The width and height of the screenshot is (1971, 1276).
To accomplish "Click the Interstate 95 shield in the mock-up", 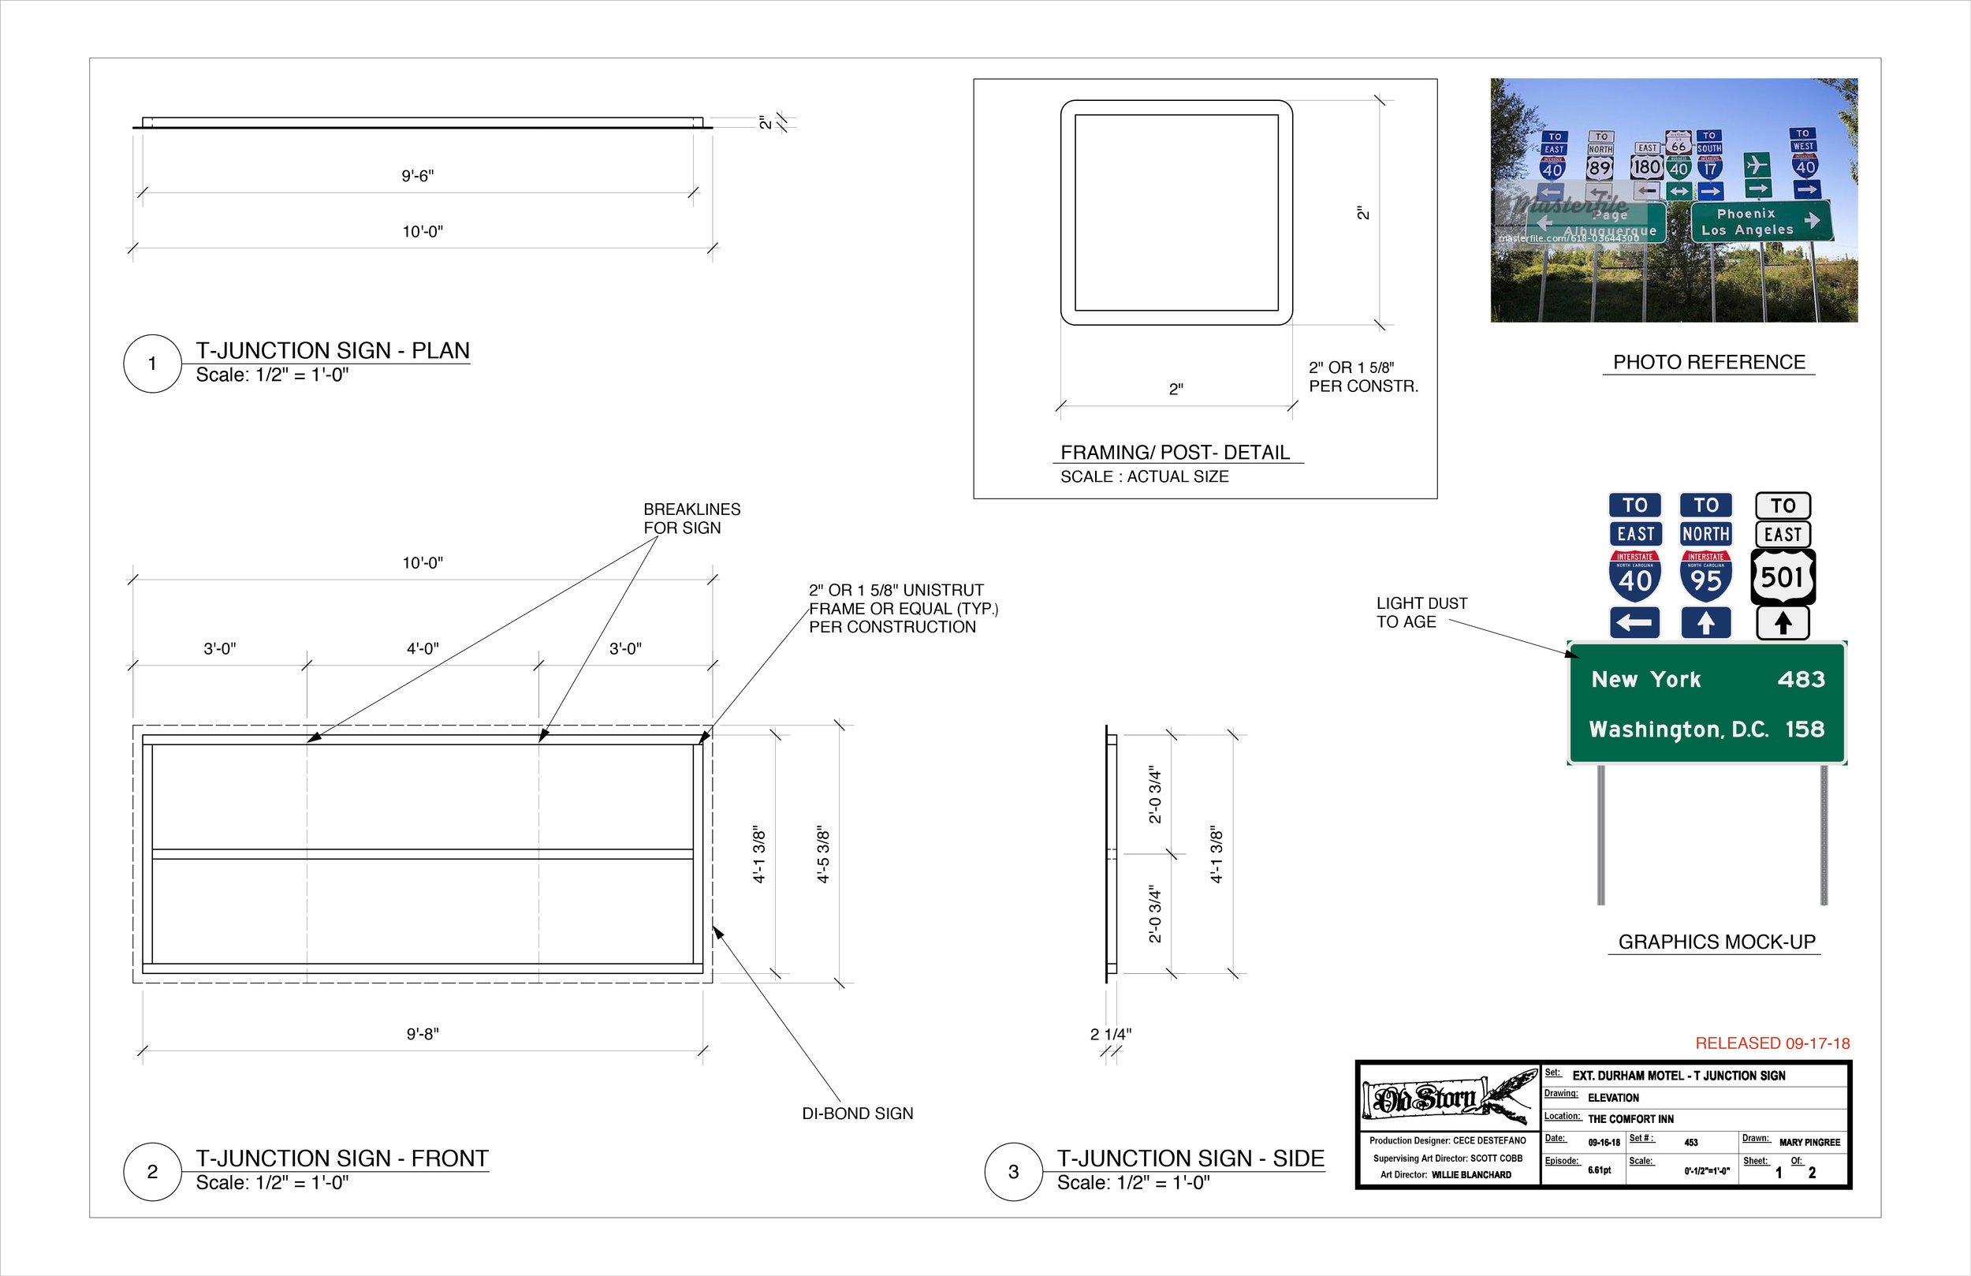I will coord(1705,575).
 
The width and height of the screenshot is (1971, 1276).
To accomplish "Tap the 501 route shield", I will coord(1783,576).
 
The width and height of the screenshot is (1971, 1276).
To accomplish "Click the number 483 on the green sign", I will coord(1801,680).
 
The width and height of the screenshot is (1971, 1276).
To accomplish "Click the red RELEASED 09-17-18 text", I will coord(1772,1043).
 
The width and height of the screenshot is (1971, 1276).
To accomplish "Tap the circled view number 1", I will coord(152,364).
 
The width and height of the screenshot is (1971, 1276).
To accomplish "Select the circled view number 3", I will coord(1013,1172).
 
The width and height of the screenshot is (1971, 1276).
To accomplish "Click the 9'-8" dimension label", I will coord(423,1034).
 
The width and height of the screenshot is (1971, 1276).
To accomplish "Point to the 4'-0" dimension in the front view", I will coord(423,649).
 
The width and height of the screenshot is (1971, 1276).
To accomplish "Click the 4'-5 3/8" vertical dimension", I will coord(823,854).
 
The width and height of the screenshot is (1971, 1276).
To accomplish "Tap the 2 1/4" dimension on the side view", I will coord(1110,1034).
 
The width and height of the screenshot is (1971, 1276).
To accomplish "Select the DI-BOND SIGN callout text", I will coord(857,1114).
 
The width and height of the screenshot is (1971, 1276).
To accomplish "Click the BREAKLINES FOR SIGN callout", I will coord(691,519).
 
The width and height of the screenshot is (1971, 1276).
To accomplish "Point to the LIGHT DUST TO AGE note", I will coord(1421,612).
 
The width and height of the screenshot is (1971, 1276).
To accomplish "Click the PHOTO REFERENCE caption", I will coord(1708,362).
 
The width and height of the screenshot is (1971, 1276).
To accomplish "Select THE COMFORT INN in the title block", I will coord(1630,1119).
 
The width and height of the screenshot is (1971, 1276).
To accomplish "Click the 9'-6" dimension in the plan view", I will coord(417,176).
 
